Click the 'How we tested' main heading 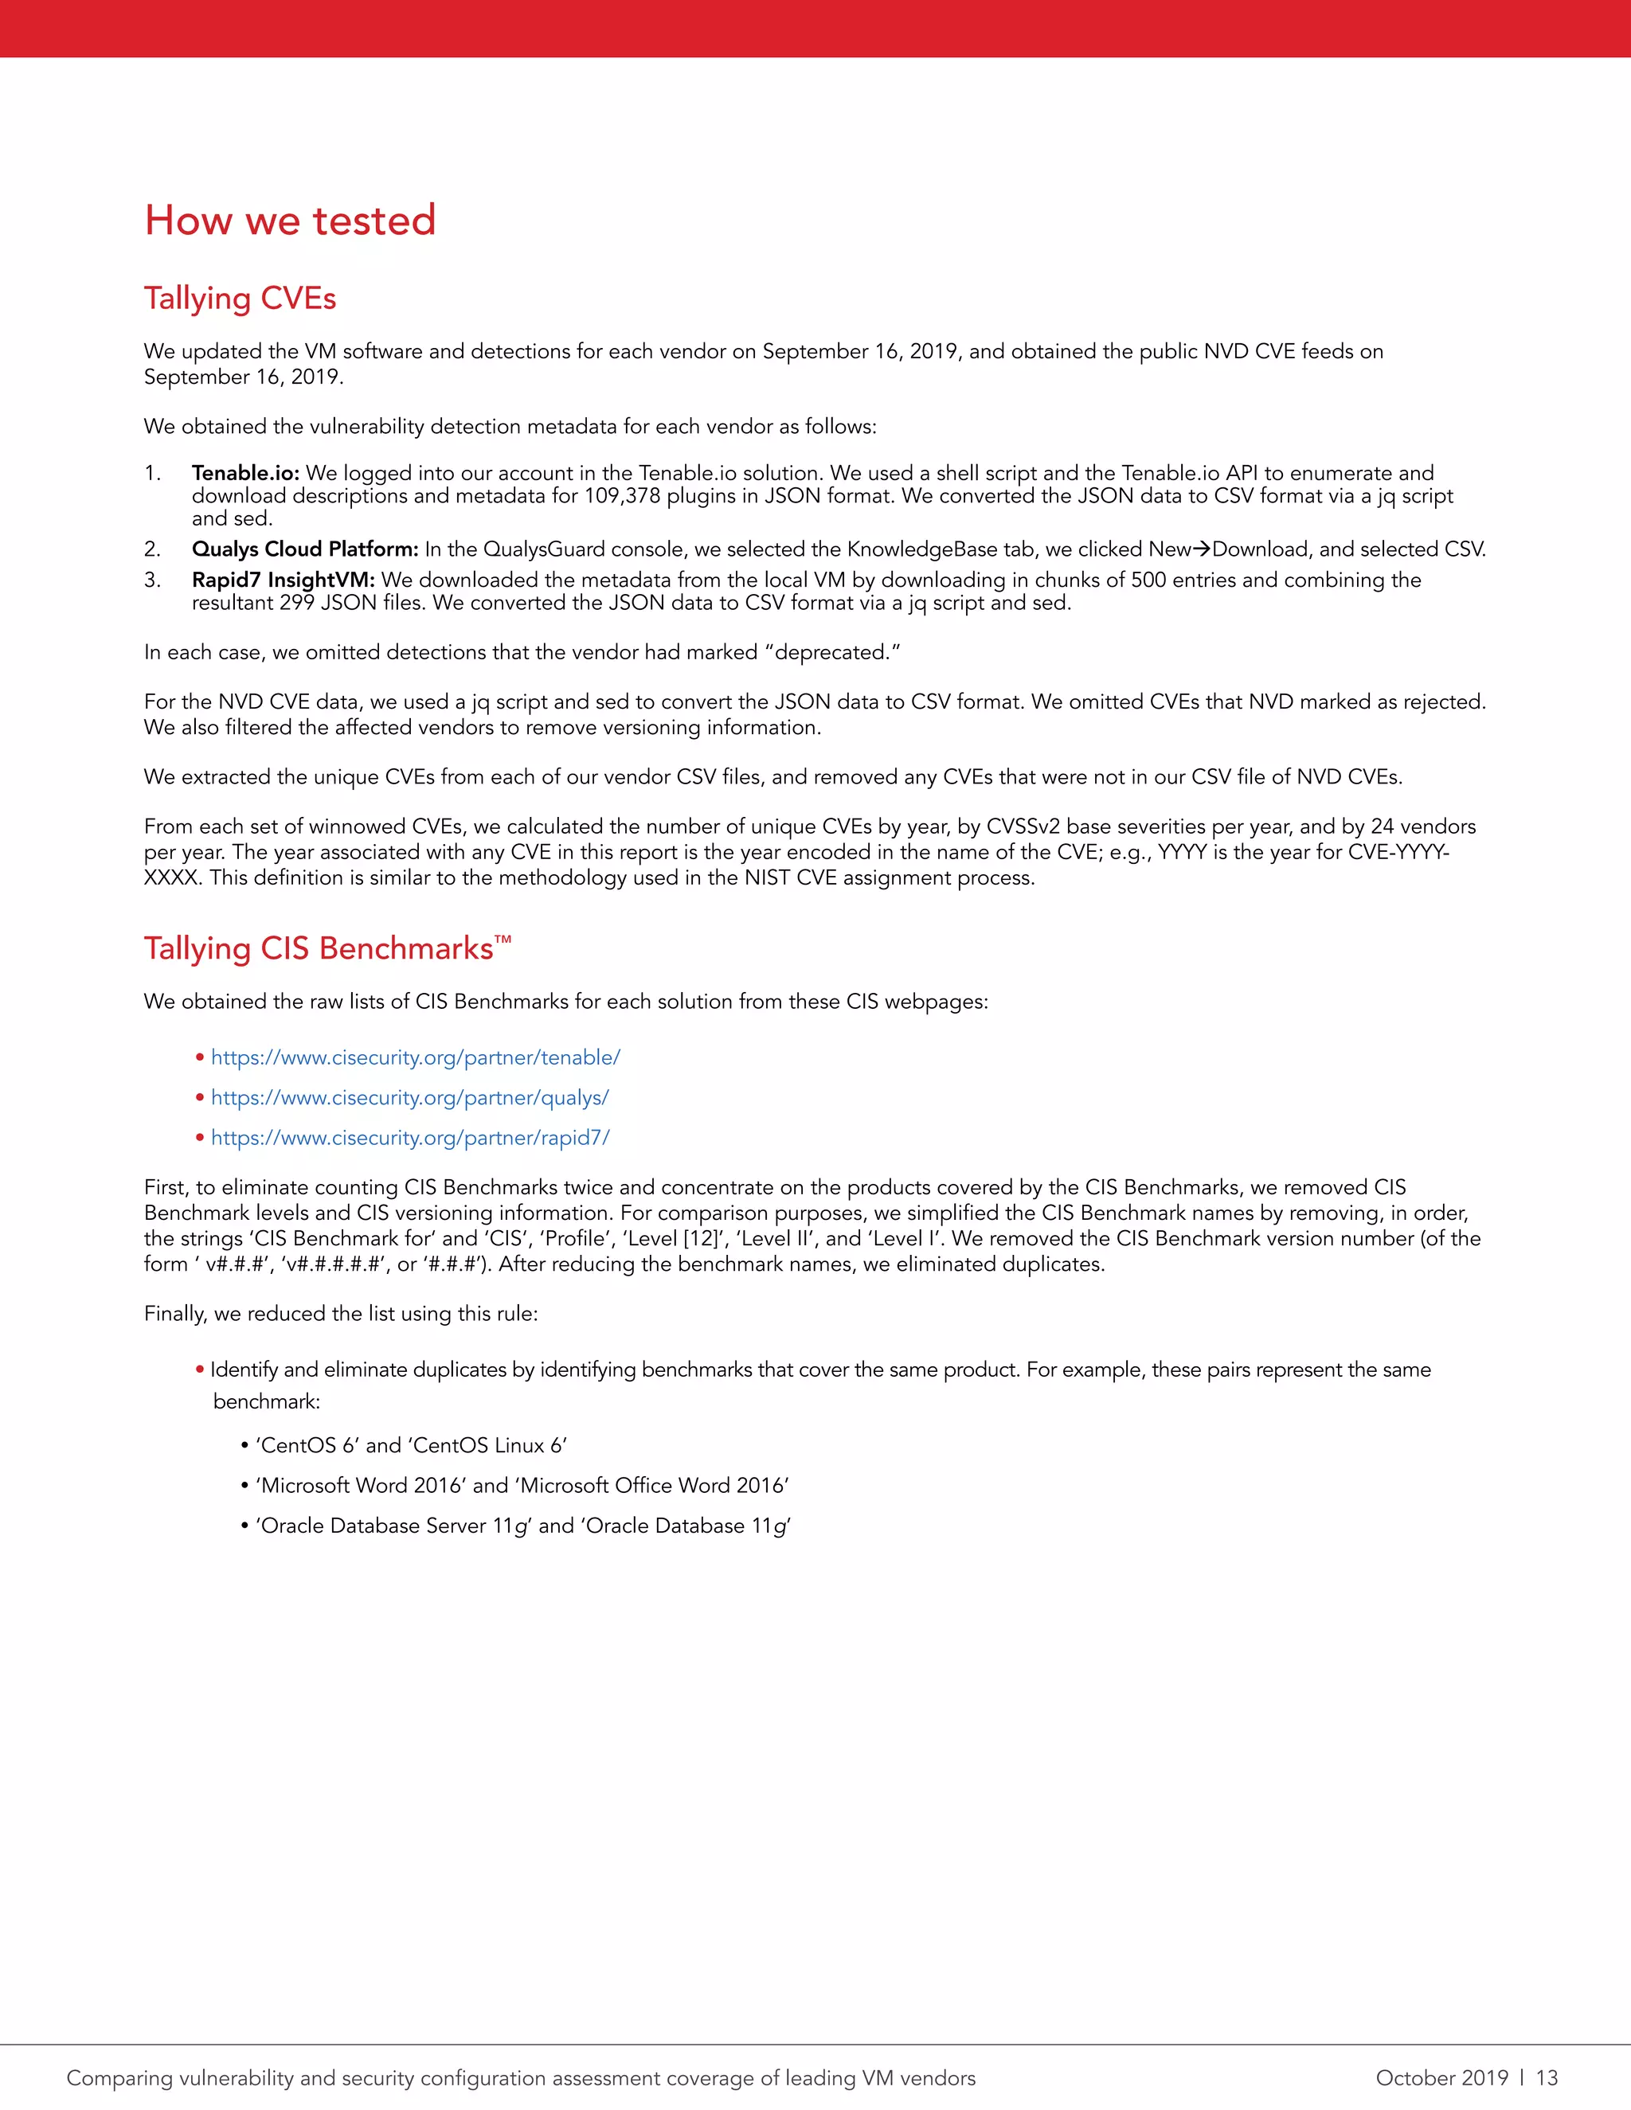(x=290, y=221)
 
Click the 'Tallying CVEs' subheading (x=240, y=299)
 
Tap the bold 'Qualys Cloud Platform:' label (x=304, y=549)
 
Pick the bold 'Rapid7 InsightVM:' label (x=283, y=580)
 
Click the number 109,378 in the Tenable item (x=621, y=495)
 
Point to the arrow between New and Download (x=1201, y=549)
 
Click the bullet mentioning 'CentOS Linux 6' (x=411, y=1445)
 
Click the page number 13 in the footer (x=1547, y=2077)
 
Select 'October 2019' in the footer (x=1441, y=2077)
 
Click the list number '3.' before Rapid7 (x=153, y=580)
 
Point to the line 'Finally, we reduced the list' (x=340, y=1314)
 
